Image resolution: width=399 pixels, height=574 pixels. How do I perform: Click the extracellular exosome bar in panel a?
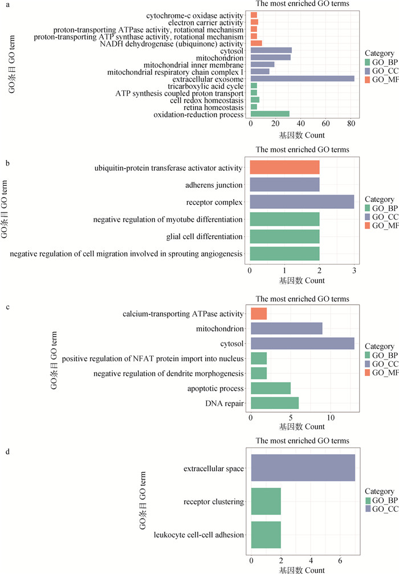pyautogui.click(x=302, y=79)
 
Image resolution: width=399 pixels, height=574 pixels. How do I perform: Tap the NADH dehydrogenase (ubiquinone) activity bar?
pyautogui.click(x=256, y=43)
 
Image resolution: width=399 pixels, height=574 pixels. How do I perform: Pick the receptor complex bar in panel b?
pyautogui.click(x=302, y=202)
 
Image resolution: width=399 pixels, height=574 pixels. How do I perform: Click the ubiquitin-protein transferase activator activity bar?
pyautogui.click(x=284, y=168)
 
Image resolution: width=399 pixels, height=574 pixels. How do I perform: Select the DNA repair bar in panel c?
pyautogui.click(x=274, y=404)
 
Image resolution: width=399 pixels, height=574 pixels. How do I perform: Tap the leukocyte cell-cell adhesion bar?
pyautogui.click(x=266, y=535)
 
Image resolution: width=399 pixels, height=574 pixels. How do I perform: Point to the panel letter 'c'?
pyautogui.click(x=6, y=306)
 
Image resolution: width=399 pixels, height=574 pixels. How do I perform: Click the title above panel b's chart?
pyautogui.click(x=302, y=150)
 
